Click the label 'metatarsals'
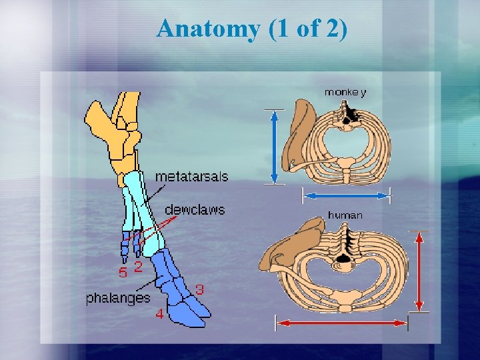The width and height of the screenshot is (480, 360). click(191, 177)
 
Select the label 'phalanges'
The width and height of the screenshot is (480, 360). click(118, 298)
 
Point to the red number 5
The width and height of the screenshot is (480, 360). click(123, 272)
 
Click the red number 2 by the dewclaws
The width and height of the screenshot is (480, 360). click(138, 267)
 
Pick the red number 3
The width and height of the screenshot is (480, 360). click(199, 290)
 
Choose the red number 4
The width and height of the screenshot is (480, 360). click(159, 314)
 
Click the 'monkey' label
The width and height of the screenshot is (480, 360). click(345, 93)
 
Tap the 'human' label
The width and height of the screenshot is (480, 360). click(345, 215)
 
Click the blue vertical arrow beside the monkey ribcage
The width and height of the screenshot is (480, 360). click(274, 146)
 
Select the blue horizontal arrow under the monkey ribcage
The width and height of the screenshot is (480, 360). click(345, 195)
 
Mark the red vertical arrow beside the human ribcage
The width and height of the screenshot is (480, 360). click(419, 271)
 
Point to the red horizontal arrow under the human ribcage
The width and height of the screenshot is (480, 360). click(341, 323)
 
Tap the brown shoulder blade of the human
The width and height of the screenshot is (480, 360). click(289, 243)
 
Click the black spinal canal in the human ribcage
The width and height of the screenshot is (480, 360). click(345, 257)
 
